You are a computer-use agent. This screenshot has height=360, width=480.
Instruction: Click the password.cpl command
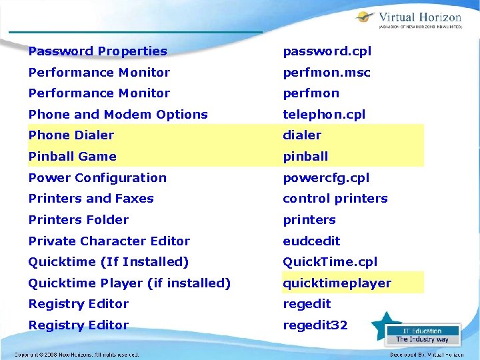[327, 51]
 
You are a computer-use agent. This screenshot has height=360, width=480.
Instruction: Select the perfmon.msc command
[326, 73]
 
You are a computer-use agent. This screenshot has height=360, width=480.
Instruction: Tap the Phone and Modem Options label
[118, 115]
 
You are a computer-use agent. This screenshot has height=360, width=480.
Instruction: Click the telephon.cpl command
[324, 115]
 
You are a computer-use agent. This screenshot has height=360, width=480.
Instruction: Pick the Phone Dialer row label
[71, 135]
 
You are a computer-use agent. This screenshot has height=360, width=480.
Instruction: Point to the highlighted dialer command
[302, 135]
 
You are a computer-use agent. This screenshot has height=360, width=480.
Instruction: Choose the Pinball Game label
[73, 157]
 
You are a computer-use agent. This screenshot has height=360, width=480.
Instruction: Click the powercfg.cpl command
[326, 178]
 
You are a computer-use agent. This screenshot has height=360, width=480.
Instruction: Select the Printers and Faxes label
[91, 199]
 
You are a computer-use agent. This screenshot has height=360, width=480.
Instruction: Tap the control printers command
[335, 199]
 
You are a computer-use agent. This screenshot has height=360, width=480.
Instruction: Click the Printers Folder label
[79, 220]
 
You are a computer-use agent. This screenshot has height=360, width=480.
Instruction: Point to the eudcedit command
[311, 241]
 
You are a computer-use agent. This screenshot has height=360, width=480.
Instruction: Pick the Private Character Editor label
[109, 241]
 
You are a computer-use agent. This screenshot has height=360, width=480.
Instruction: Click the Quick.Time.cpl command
[330, 262]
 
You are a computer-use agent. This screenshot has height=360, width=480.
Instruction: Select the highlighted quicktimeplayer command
[337, 283]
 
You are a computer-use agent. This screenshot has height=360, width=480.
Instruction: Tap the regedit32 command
[315, 325]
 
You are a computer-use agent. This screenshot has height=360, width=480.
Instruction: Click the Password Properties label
[98, 51]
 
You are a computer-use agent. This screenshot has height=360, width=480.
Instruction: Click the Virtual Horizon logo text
[419, 18]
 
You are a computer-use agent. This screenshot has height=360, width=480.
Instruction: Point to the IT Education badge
[423, 335]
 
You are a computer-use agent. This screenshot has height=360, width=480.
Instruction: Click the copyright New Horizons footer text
[77, 355]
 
